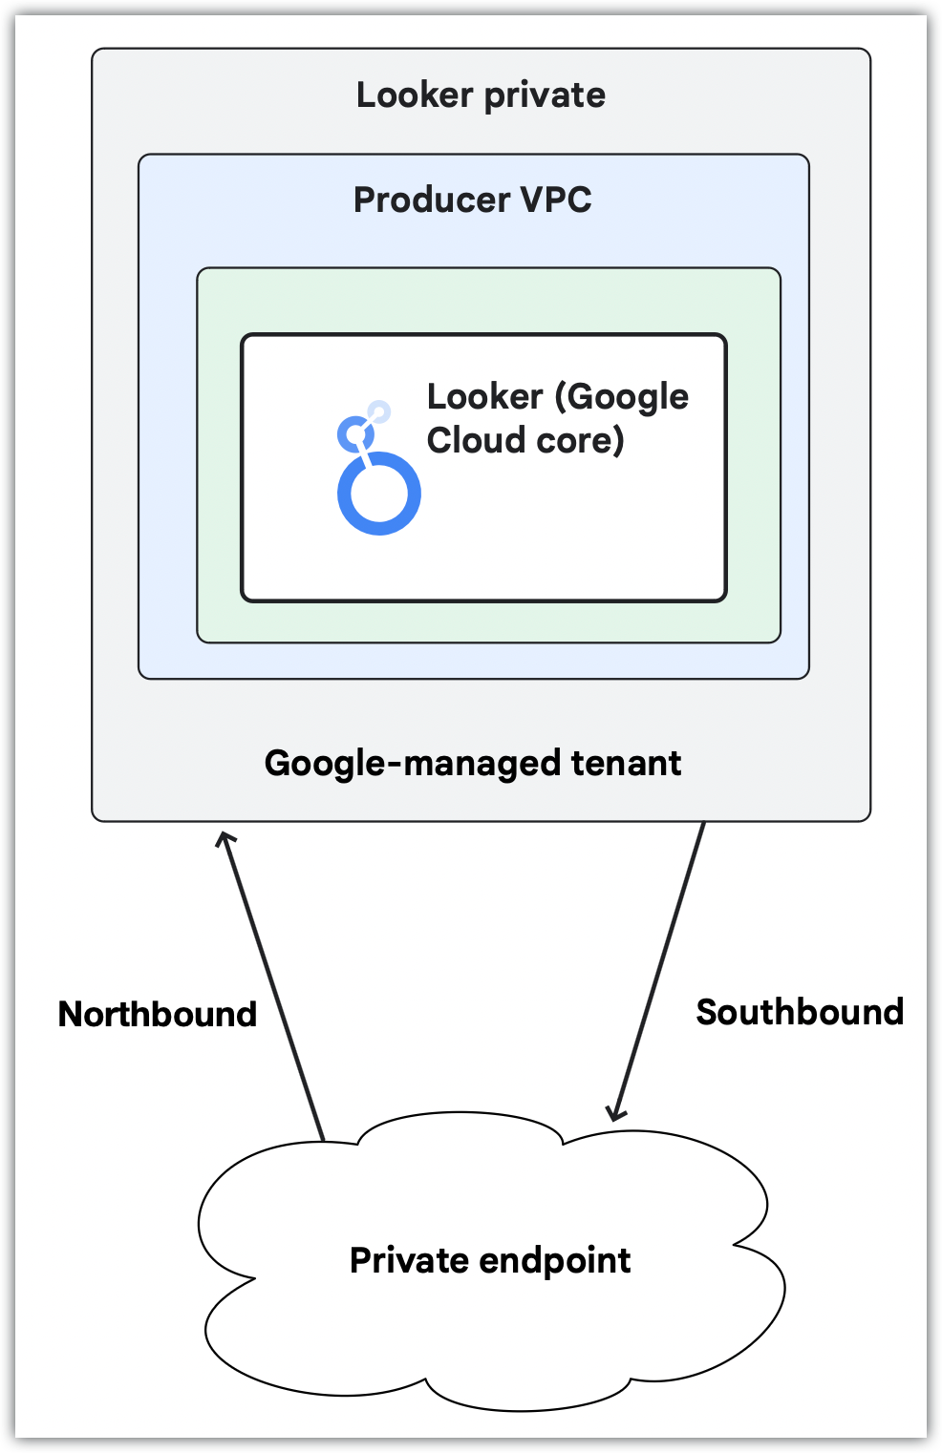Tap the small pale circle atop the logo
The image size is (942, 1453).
[x=379, y=412]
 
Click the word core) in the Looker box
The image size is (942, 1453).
[x=575, y=440]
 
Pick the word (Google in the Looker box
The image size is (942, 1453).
[x=622, y=397]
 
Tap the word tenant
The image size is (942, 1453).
[x=626, y=764]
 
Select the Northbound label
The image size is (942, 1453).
[x=158, y=1014]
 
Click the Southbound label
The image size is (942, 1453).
[x=800, y=1012]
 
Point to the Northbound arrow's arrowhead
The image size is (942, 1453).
[x=225, y=839]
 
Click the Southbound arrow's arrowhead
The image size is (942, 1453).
[x=616, y=1111]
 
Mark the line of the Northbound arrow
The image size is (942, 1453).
[x=275, y=988]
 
